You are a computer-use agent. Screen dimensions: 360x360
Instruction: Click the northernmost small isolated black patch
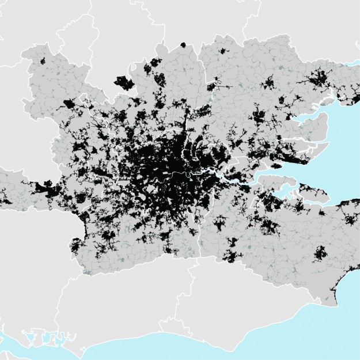[x=183, y=44]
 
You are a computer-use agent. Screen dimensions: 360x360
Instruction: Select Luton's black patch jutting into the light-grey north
[x=123, y=83]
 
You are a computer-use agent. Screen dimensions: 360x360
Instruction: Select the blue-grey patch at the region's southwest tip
[x=86, y=269]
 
